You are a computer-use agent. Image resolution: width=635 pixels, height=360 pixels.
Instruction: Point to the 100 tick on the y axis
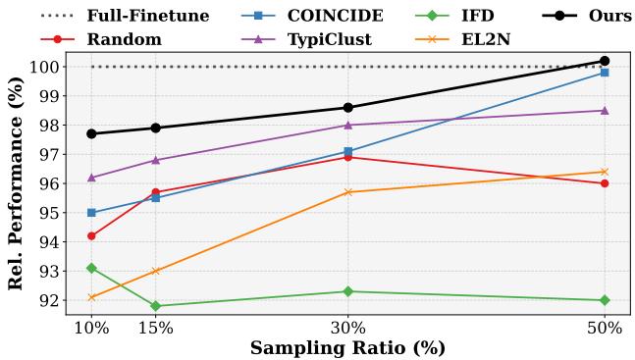45,67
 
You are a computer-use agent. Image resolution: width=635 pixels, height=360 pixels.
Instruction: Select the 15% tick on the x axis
155,329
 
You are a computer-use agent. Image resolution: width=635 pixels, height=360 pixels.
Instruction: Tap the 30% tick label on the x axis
347,329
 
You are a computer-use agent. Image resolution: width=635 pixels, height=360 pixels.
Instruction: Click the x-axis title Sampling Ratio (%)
347,348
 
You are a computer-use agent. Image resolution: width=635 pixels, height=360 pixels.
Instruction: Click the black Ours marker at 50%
604,61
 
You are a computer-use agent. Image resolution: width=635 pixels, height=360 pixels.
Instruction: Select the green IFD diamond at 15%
155,306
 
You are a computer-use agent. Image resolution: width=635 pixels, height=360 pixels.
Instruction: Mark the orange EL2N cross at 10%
91,297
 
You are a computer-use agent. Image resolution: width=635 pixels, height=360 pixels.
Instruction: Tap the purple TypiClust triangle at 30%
347,125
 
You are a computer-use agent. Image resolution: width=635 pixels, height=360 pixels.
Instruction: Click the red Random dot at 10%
91,235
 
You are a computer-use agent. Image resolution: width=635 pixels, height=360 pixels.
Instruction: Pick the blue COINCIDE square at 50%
604,73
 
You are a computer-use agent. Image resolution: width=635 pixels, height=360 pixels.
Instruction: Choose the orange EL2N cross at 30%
347,192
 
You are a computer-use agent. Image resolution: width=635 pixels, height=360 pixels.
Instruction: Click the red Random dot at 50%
604,183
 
